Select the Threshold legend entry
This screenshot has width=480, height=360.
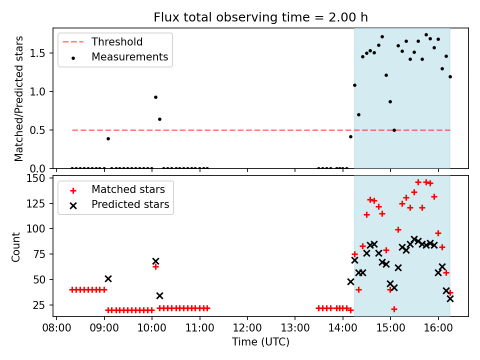[x=117, y=42]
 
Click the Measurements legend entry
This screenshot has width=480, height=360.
[x=129, y=57]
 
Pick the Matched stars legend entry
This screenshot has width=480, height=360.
[x=128, y=189]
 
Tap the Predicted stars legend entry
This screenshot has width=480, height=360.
[x=130, y=204]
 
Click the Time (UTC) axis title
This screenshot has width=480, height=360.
[x=260, y=342]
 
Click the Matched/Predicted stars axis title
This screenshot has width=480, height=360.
[x=19, y=98]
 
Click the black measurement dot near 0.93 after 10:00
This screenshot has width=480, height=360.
[x=155, y=97]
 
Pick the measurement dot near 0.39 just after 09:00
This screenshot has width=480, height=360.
[x=108, y=138]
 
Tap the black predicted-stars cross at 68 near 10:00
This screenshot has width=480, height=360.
[x=155, y=261]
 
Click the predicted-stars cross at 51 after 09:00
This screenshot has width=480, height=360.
[x=108, y=278]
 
